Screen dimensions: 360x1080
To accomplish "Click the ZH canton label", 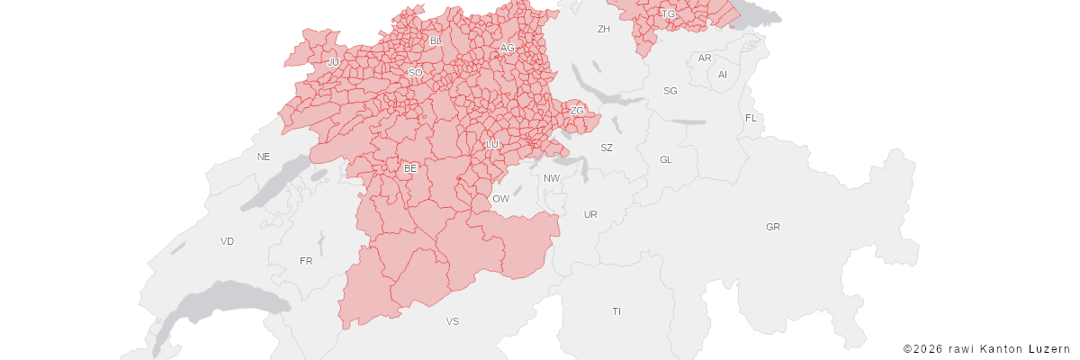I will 604,30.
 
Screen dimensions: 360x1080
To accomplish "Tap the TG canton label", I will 669,14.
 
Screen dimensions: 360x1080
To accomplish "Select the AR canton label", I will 705,58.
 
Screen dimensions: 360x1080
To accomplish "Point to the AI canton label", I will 723,75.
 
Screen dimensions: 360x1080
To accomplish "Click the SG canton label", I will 670,91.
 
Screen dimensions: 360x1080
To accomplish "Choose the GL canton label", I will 666,160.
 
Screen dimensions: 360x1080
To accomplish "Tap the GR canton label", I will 773,227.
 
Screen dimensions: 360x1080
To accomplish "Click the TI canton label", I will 616,311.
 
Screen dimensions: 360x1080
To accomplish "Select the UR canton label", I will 590,215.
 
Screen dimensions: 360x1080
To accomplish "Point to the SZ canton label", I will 607,148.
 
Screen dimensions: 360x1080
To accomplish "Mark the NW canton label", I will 552,178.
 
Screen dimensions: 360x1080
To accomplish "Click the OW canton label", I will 500,199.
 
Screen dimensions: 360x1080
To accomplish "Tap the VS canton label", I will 453,321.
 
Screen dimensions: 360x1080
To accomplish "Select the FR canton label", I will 306,262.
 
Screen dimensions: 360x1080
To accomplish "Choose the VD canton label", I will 227,241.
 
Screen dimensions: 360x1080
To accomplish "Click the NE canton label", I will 264,157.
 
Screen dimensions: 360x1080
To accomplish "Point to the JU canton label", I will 333,62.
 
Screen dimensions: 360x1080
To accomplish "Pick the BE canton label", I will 410,168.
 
